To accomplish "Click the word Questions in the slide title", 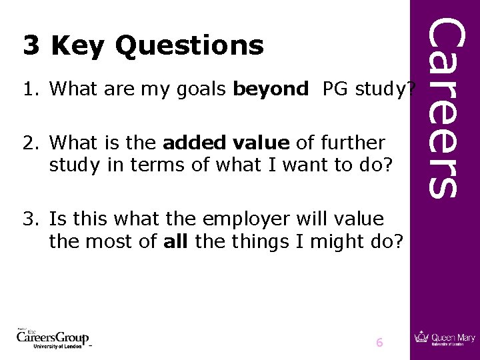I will pyautogui.click(x=189, y=46).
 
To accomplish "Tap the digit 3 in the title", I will pyautogui.click(x=31, y=45).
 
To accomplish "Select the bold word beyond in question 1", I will pyautogui.click(x=271, y=88).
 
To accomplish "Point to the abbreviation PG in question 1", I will pyautogui.click(x=335, y=88).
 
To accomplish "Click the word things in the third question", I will pyautogui.click(x=259, y=241).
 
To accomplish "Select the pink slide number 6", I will pyautogui.click(x=379, y=343).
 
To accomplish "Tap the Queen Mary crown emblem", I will pyautogui.click(x=421, y=337).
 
